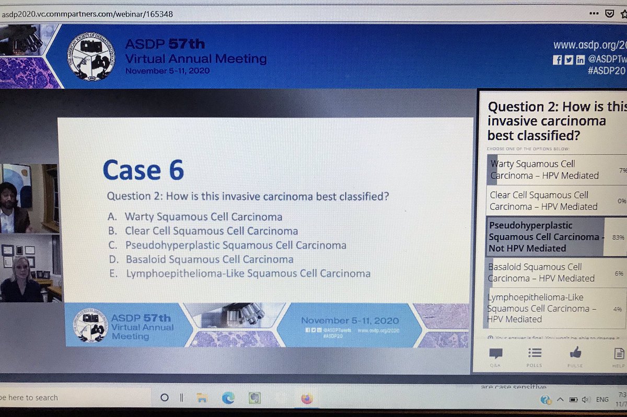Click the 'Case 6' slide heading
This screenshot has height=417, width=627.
click(x=143, y=170)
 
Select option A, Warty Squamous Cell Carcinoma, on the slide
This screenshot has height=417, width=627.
click(x=204, y=216)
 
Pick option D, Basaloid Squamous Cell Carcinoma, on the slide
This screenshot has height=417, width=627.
click(x=210, y=259)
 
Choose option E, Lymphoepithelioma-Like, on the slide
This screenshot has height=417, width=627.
click(x=248, y=273)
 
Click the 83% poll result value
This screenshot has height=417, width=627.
click(x=618, y=237)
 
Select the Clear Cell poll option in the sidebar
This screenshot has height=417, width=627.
click(x=543, y=201)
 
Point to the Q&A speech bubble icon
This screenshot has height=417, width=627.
click(x=495, y=353)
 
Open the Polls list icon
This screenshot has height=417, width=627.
click(x=535, y=353)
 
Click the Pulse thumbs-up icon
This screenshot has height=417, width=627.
click(x=575, y=352)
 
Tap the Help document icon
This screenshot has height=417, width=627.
click(x=619, y=354)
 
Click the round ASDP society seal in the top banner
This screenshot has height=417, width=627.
click(x=92, y=56)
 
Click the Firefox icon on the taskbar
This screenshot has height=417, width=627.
click(x=307, y=398)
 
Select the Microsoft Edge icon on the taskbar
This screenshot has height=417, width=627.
click(x=228, y=398)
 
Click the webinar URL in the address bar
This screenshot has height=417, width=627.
click(x=87, y=14)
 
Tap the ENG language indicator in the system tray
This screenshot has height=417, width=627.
click(x=602, y=399)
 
